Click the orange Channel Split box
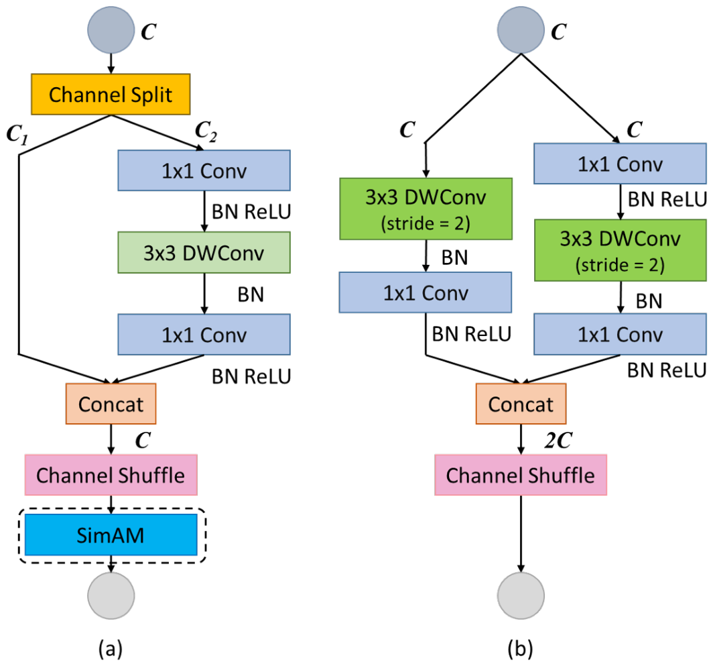[x=111, y=94]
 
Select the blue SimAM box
[x=111, y=535]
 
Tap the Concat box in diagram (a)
[x=111, y=404]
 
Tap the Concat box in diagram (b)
[x=521, y=404]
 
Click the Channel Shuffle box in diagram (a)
[x=111, y=475]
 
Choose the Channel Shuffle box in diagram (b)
[x=521, y=475]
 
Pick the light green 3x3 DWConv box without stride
[x=204, y=253]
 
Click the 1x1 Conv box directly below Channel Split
[x=204, y=170]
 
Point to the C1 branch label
[x=17, y=135]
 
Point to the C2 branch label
[x=206, y=131]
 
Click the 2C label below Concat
[x=558, y=440]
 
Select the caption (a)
[x=111, y=649]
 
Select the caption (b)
[x=520, y=649]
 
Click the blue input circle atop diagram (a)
[x=111, y=30]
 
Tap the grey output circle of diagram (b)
[x=521, y=596]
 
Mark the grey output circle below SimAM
[x=111, y=596]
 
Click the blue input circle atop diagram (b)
[x=521, y=30]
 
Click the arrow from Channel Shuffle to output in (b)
[x=521, y=533]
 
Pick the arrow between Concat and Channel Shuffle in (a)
[x=111, y=439]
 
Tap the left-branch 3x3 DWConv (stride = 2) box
[x=426, y=209]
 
